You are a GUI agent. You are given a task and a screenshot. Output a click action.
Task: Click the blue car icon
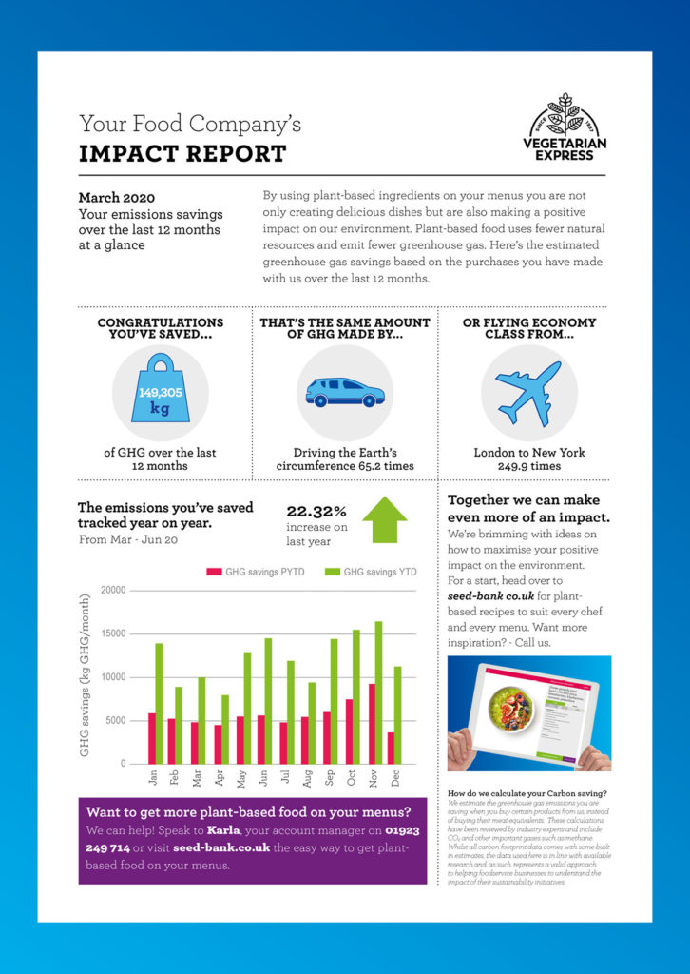tap(344, 391)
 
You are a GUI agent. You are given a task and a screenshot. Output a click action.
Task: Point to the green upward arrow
tap(384, 520)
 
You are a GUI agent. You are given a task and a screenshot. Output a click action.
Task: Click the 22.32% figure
tap(317, 511)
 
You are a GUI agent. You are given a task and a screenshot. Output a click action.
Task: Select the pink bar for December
tap(391, 748)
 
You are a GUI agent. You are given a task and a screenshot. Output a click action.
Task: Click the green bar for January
tap(159, 704)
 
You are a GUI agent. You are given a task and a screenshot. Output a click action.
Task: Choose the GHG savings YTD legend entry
tap(372, 572)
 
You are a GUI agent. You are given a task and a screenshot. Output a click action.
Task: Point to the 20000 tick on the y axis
tap(112, 591)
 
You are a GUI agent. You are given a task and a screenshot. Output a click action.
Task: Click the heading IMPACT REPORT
tap(182, 153)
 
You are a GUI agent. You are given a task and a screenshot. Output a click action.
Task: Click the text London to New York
tap(529, 453)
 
